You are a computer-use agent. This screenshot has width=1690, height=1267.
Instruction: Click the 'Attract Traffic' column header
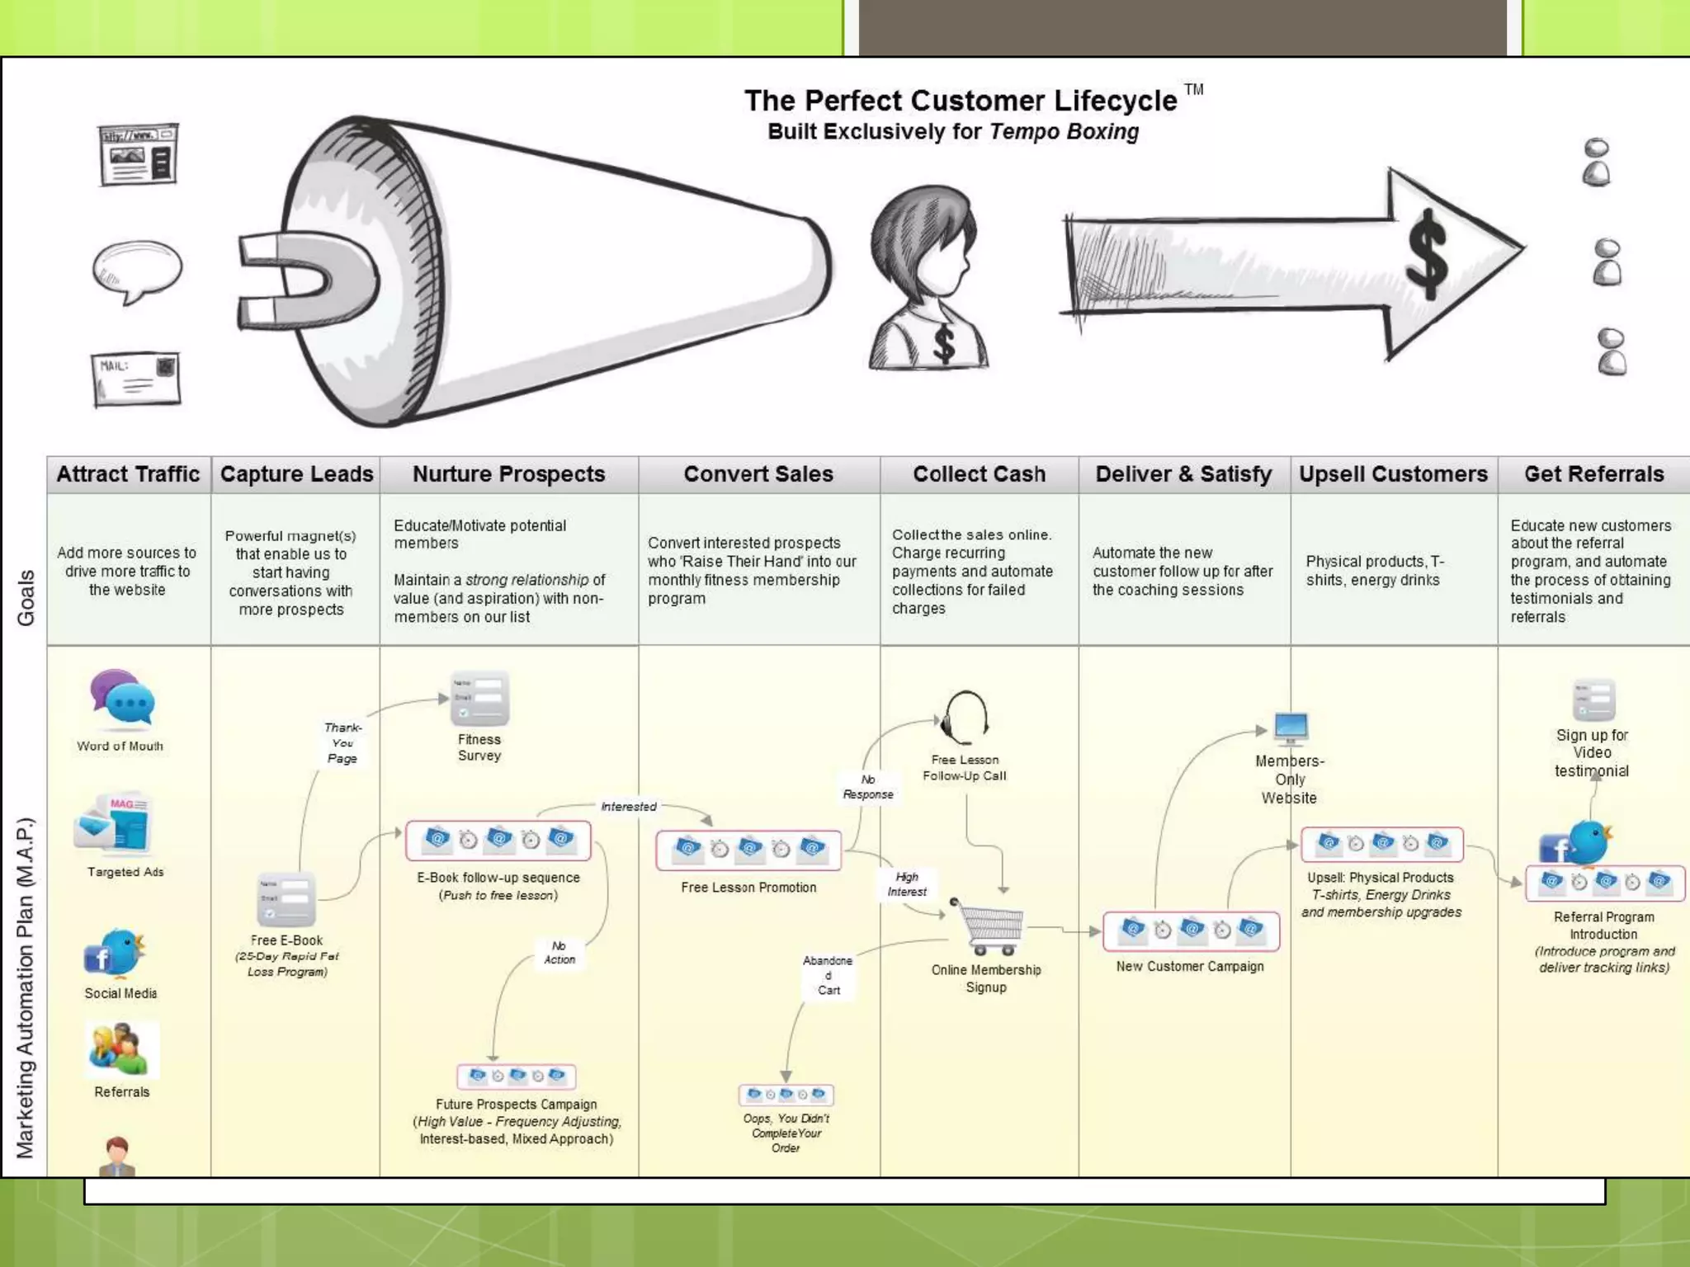(x=128, y=474)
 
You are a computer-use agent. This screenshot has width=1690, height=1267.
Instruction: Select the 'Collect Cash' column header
(x=979, y=474)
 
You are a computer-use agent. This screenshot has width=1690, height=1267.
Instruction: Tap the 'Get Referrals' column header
(x=1593, y=474)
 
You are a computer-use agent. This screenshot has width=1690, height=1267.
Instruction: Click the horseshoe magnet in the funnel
(x=305, y=276)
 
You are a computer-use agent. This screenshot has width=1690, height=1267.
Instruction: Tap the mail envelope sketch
(x=136, y=379)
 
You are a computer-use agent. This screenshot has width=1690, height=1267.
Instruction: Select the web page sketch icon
(x=138, y=154)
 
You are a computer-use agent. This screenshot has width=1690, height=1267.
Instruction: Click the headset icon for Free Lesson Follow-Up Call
(x=965, y=716)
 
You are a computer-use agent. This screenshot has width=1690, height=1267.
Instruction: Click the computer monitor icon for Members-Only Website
(x=1291, y=728)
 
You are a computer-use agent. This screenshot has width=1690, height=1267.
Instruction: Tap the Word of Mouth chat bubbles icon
(x=122, y=699)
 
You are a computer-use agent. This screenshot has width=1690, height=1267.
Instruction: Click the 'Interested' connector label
(x=629, y=807)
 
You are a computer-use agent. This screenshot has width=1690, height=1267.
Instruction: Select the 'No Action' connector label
(x=559, y=953)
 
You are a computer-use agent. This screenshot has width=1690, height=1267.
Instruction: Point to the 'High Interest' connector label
(x=907, y=884)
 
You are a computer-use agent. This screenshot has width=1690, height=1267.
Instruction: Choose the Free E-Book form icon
(x=286, y=898)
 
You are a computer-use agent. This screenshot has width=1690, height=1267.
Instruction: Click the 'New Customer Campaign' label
(x=1190, y=966)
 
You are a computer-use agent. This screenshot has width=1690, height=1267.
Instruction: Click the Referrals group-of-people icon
(x=121, y=1049)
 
